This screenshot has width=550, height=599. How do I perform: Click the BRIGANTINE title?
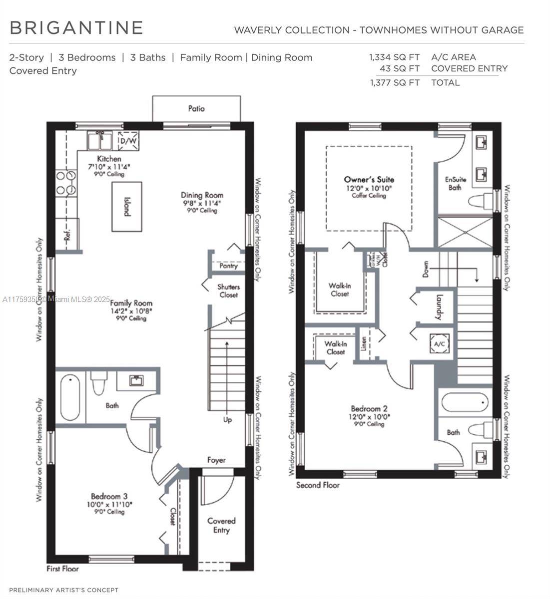coord(76,28)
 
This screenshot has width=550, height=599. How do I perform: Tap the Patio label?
coord(196,108)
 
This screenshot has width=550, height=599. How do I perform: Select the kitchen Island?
coord(127,207)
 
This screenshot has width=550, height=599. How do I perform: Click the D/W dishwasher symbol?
coord(128,141)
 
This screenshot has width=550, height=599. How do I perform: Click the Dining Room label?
coord(202,195)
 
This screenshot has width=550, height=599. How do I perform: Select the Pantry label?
coord(228,266)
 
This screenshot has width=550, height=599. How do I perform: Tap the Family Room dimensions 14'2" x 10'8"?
coord(131,311)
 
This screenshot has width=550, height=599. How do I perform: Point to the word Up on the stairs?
coord(227,420)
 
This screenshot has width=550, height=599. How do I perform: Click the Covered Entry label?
coord(221,525)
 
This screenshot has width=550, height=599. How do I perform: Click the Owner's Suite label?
coord(369,179)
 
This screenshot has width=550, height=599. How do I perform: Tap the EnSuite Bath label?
coord(453,184)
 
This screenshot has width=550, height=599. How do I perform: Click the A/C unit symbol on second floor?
coord(440,344)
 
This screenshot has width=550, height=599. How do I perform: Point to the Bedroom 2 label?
coord(369,408)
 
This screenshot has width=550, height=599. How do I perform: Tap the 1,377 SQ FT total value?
coord(395,83)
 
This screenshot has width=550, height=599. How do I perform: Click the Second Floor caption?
coord(318,485)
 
